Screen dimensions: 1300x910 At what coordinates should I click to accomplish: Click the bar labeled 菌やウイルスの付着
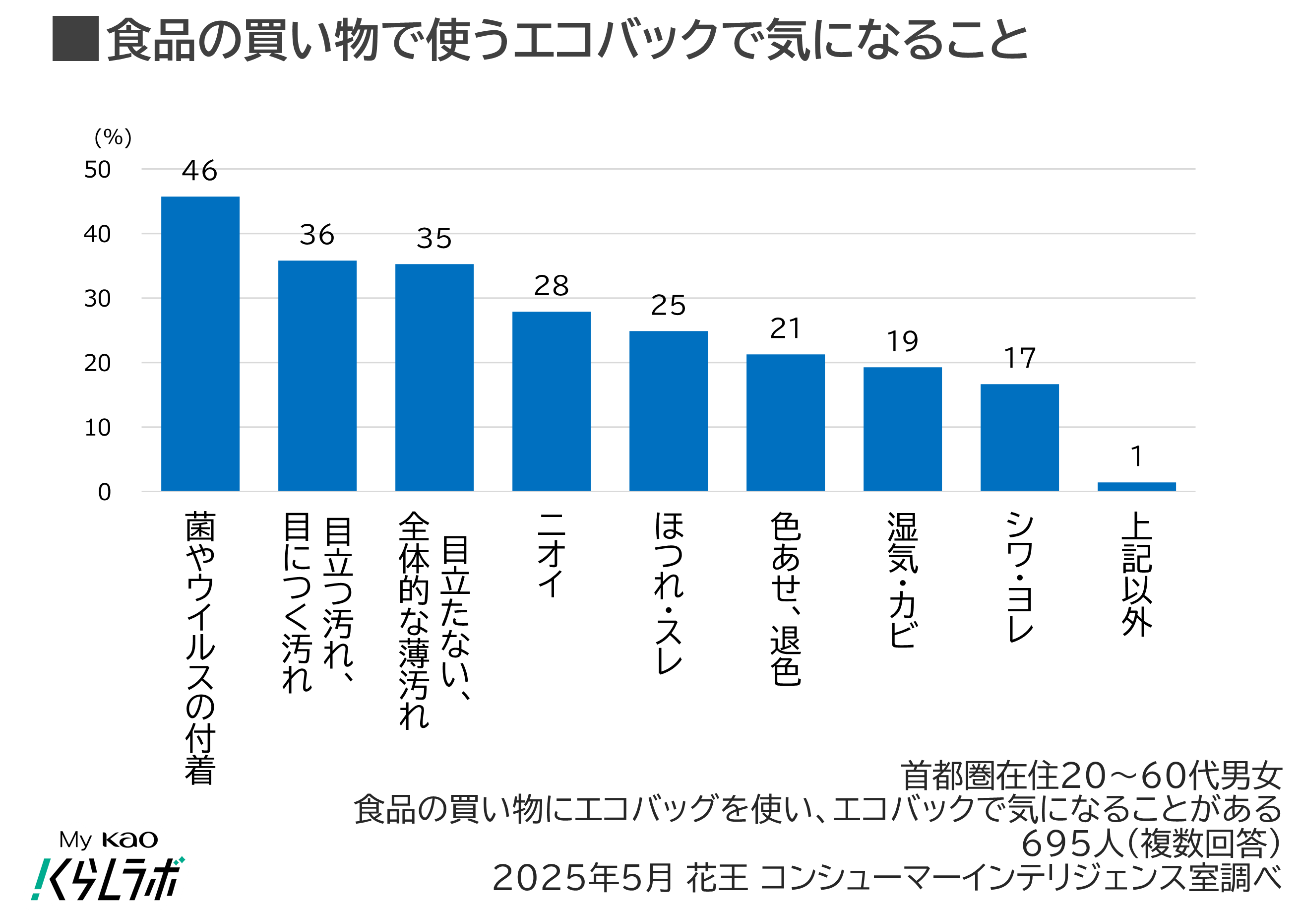point(200,344)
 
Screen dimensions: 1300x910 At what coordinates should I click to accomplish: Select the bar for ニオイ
point(551,401)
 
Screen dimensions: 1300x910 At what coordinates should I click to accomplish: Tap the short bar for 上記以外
point(1136,486)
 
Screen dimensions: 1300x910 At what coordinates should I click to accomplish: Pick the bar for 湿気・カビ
point(903,429)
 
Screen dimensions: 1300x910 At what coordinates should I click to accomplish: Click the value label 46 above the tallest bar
point(199,171)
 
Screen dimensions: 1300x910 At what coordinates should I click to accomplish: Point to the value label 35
point(434,238)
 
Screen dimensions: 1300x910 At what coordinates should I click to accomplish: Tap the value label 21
point(785,328)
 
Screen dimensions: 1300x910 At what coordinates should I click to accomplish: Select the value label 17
point(1020,358)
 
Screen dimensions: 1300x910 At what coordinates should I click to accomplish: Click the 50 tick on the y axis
point(97,170)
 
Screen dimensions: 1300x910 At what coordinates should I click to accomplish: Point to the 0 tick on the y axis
point(104,492)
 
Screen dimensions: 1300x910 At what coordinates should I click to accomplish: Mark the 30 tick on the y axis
point(97,298)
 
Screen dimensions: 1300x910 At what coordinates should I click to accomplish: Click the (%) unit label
point(113,137)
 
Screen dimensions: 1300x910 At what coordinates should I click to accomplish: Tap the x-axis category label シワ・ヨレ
point(1020,577)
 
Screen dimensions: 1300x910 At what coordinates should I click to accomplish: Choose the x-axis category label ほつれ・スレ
point(669,593)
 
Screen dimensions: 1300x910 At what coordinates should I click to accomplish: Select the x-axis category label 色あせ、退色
point(785,599)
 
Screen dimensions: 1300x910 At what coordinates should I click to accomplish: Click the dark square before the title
point(75,39)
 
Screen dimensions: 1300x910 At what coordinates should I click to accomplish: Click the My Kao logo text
point(108,840)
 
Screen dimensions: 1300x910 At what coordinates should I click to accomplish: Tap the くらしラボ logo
point(108,878)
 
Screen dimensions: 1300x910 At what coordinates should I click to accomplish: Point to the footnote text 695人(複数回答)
point(1151,844)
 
